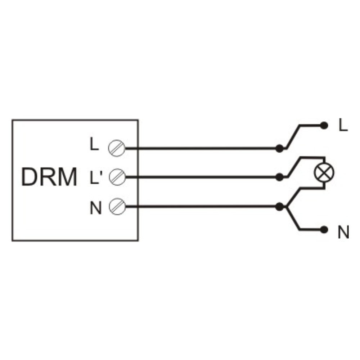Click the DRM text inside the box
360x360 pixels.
click(49, 177)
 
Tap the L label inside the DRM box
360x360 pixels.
click(94, 144)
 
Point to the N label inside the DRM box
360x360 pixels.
click(95, 208)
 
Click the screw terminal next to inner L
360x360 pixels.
click(117, 148)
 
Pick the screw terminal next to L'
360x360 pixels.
click(117, 177)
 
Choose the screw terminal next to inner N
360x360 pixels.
click(117, 206)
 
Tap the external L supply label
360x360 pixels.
click(343, 126)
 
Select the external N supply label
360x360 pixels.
click(343, 232)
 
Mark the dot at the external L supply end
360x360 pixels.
click(324, 126)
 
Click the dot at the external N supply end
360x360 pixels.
click(324, 230)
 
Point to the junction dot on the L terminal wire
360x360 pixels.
click(279, 149)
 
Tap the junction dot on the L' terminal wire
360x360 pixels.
click(279, 177)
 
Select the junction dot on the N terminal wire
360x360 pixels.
click(279, 207)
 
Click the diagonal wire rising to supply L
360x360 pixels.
click(292, 137)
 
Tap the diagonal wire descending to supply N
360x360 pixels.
click(292, 218)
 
